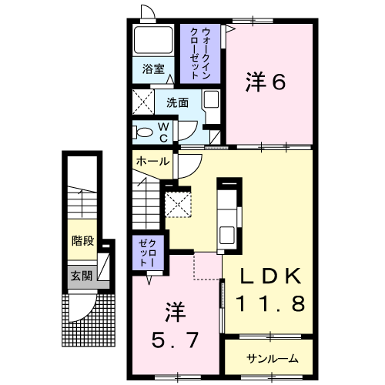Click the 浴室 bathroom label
[x=153, y=69]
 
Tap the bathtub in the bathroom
[x=153, y=39]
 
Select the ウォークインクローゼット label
[x=200, y=53]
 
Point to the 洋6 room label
[x=266, y=82]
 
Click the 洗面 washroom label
[x=177, y=102]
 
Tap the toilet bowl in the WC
[x=145, y=133]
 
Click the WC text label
[x=163, y=132]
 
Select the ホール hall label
[x=152, y=162]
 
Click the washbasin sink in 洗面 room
[x=211, y=99]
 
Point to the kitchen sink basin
[x=227, y=235]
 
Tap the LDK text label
[x=270, y=276]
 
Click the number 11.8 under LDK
[x=271, y=303]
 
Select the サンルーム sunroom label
[x=273, y=359]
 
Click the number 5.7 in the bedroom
[x=176, y=340]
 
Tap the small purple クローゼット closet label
[x=148, y=253]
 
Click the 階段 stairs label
[x=82, y=241]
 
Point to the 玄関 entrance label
[x=82, y=276]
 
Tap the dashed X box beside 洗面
[x=143, y=102]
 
